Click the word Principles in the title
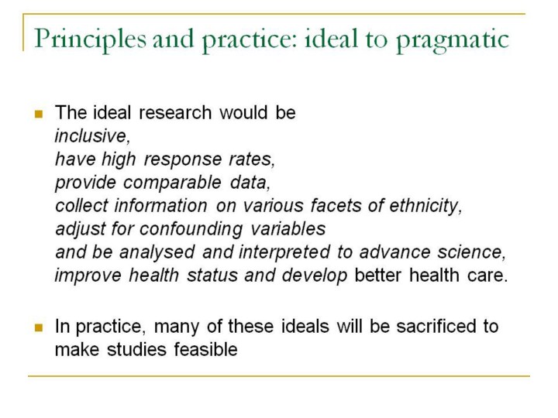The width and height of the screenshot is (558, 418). click(90, 39)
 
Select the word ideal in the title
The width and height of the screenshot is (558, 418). click(331, 39)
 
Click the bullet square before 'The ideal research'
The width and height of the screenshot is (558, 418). click(39, 114)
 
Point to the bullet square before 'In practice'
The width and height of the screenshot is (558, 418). click(39, 327)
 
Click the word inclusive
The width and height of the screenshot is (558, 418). click(91, 135)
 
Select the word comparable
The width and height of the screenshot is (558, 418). click(172, 183)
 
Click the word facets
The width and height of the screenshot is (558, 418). click(336, 205)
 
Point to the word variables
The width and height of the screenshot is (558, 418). click(288, 229)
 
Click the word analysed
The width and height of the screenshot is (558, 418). click(157, 252)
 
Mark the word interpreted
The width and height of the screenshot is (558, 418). click(284, 252)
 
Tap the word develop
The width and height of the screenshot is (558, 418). click(314, 276)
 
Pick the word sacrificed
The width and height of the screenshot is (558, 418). click(436, 327)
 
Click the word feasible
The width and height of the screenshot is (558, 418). click(205, 349)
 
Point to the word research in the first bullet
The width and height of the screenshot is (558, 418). click(175, 113)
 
